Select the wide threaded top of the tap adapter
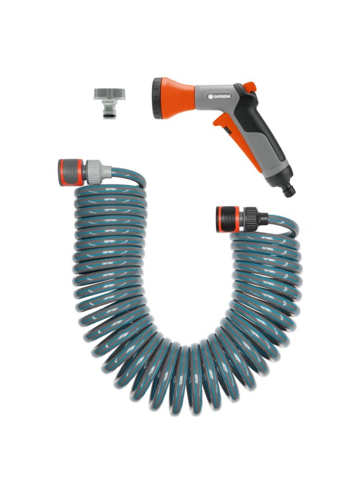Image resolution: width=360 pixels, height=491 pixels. pos(109,94)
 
